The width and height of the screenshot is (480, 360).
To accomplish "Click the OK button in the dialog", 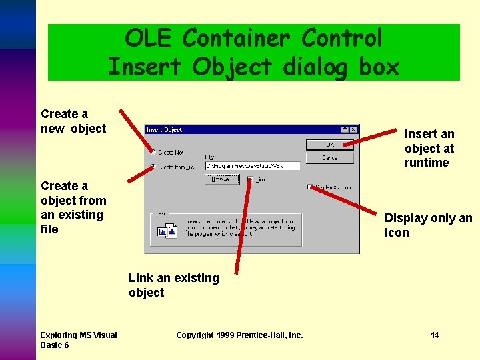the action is (x=329, y=145).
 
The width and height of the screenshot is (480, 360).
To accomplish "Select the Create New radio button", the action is (x=153, y=152).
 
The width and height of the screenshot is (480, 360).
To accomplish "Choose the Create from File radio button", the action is (x=153, y=167).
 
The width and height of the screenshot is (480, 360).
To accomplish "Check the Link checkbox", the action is (x=250, y=179).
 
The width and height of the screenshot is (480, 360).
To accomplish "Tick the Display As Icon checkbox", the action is (x=310, y=187).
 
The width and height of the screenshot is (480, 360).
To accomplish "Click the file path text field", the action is (x=243, y=166).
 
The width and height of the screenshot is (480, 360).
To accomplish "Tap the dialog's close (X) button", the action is (x=354, y=130).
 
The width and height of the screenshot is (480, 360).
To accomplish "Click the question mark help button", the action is (x=345, y=130).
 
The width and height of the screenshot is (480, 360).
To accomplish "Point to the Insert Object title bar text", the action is (x=165, y=130).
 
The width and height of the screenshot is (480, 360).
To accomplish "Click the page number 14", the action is (x=435, y=335).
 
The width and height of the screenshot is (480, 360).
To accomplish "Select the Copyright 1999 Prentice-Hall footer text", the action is (x=239, y=335).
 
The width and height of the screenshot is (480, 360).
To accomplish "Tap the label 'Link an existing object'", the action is (x=173, y=285).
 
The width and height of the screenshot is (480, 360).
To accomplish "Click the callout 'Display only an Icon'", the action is (x=428, y=225).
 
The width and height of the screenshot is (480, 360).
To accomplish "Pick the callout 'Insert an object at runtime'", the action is (x=429, y=148).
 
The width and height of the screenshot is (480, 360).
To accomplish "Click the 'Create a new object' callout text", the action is (x=73, y=121).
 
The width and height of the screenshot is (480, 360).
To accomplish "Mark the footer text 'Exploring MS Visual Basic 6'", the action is (x=78, y=340).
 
